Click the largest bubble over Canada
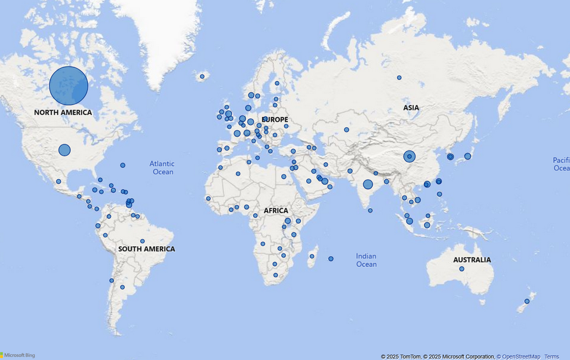tap(69, 85)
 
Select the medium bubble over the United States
tap(64, 150)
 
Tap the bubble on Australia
tap(461, 269)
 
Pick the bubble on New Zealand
tap(526, 301)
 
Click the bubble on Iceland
tap(202, 76)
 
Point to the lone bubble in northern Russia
tap(399, 78)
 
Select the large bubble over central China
tap(409, 156)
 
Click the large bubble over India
tap(368, 184)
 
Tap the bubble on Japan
tap(467, 156)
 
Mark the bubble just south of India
tap(370, 210)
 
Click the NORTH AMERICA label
tap(63, 112)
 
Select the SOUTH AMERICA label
tap(146, 249)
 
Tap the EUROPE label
tap(275, 119)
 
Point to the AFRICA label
tap(276, 211)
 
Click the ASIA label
tap(411, 107)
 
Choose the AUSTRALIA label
tap(472, 260)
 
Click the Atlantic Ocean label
tap(162, 168)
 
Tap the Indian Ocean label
tap(366, 260)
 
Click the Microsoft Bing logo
tap(18, 355)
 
